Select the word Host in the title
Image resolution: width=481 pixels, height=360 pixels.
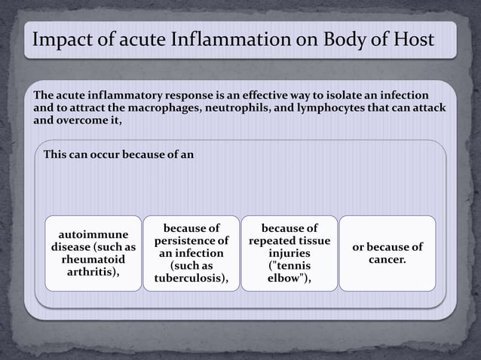pos(414,39)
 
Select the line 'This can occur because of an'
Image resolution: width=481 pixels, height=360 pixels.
pos(119,155)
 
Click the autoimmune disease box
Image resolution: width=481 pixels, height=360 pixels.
pos(93,253)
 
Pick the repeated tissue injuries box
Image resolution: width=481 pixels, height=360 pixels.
pos(289,253)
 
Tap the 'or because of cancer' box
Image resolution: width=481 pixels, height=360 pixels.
pos(388,253)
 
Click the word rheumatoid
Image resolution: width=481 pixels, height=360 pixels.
pos(93,260)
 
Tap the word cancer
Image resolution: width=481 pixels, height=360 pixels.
pos(388,260)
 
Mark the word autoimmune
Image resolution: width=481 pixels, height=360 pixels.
pos(93,234)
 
